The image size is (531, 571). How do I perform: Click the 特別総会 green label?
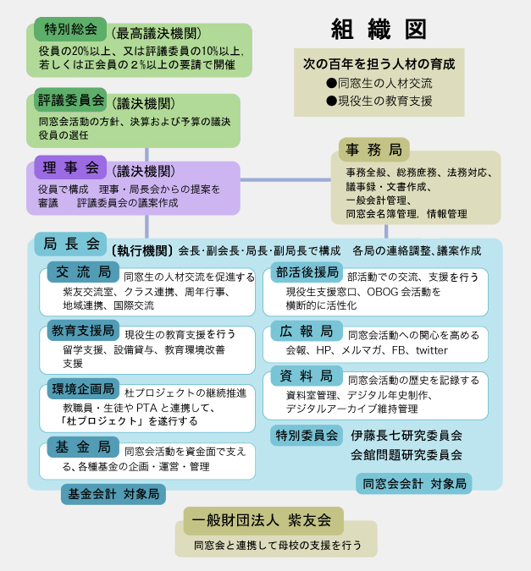tap(70, 29)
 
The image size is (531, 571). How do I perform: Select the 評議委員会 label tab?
tap(70, 100)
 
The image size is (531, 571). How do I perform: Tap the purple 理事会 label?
tap(70, 167)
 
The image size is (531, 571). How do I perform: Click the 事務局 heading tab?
tap(374, 149)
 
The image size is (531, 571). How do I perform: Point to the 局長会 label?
tap(70, 244)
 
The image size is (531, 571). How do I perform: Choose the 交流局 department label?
tap(83, 272)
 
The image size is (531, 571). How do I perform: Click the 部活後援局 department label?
tap(307, 272)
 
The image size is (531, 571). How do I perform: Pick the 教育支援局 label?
tap(83, 330)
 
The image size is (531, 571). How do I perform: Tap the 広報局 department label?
tap(307, 331)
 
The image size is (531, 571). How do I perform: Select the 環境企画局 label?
tap(83, 389)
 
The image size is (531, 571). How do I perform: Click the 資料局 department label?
tap(307, 376)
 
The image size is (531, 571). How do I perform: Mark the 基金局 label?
tap(83, 447)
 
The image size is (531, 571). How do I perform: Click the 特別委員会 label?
tap(307, 435)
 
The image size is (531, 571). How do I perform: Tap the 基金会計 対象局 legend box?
tap(113, 494)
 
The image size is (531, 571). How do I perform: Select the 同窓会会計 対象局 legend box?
tap(414, 484)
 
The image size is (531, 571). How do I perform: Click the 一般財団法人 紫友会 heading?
tap(263, 521)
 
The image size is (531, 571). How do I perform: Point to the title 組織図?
tap(379, 29)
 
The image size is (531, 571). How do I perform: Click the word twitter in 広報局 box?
tap(431, 350)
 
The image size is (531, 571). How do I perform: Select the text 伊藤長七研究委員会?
tap(407, 435)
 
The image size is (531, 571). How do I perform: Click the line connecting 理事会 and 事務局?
tap(285, 179)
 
